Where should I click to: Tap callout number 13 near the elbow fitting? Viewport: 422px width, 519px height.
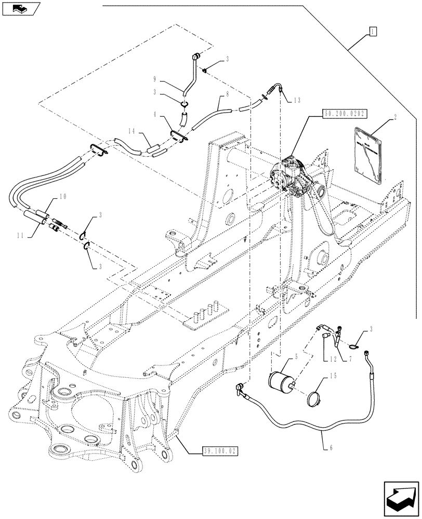(x=296, y=100)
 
